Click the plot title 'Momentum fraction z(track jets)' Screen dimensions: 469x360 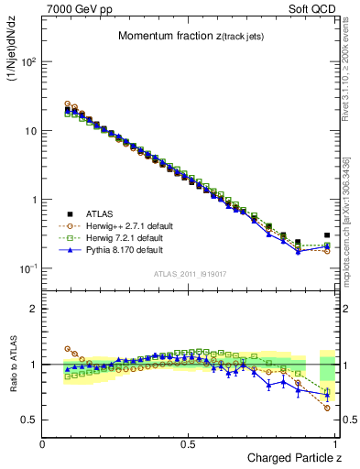coord(191,36)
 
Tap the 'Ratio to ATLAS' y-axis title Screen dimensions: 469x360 coord(13,365)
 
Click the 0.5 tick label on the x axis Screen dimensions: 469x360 coord(188,444)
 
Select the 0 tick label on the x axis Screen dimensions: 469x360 coord(43,444)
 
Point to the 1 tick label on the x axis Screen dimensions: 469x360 coord(335,444)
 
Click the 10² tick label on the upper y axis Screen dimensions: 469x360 coord(27,62)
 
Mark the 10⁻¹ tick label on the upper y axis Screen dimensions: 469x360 coord(27,268)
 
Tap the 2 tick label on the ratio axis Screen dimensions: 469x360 coord(33,309)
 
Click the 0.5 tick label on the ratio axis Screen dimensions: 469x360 coord(29,420)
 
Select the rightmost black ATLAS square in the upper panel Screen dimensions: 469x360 coord(327,234)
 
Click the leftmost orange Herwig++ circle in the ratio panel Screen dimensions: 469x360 coord(68,349)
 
